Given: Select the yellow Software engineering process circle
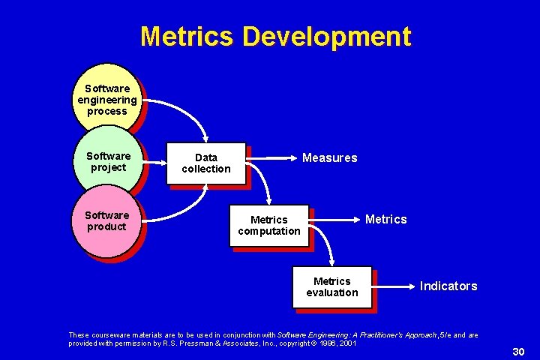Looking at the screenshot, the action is coord(107,100).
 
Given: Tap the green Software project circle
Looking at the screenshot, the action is coord(108,162).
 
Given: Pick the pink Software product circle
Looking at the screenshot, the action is coord(106,220).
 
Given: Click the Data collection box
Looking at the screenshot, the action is coord(205,163).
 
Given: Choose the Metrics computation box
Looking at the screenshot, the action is coord(268,226).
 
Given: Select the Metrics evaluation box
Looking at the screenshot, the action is coord(332,287).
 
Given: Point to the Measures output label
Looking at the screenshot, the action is coord(329,158).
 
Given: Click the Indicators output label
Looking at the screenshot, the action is coord(448,286).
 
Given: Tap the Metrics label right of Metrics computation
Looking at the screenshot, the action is coord(385,220).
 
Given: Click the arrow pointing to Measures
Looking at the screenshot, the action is coord(273,158).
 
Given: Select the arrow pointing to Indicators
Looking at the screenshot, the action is coord(394,286).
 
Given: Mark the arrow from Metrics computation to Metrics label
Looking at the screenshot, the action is coord(334,220).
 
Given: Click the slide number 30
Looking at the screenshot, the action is coord(517,352).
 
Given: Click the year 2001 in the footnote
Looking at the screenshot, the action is coord(346,343).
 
